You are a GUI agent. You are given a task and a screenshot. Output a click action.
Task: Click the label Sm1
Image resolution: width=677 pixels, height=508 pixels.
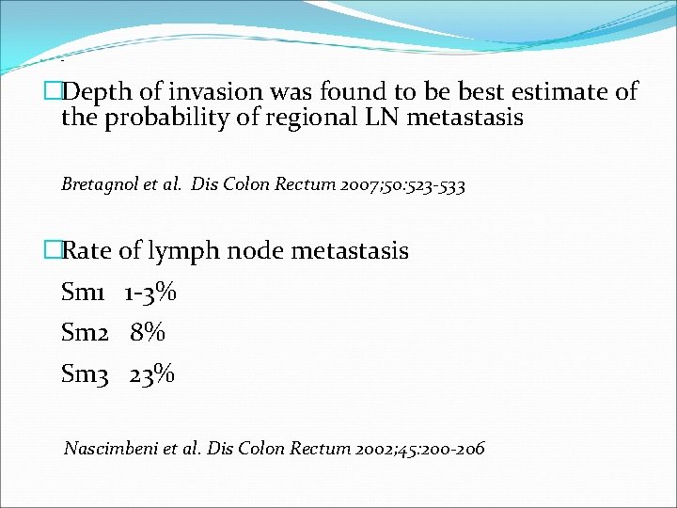(x=82, y=293)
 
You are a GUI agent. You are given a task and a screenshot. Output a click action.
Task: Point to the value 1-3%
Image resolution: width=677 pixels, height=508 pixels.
(x=150, y=293)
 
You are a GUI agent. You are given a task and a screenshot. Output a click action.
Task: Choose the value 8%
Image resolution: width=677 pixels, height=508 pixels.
(x=149, y=333)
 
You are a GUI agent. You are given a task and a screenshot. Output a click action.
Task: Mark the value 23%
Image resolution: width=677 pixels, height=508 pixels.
(x=152, y=373)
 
